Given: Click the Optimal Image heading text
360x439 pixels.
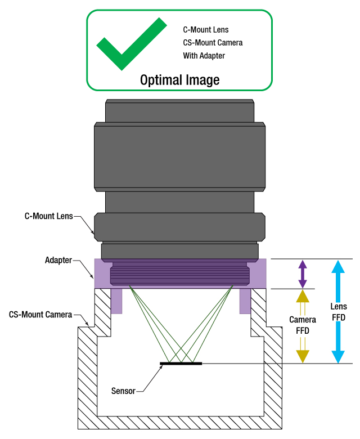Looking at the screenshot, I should (x=179, y=80).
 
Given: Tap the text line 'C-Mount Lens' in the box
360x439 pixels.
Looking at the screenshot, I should (x=206, y=29).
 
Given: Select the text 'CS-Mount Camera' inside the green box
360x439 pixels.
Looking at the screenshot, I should (x=213, y=43).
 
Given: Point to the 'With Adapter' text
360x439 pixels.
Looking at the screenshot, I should (x=204, y=56).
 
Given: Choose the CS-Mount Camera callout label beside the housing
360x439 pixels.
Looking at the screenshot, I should (x=40, y=315).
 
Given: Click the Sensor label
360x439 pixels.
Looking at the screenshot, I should (x=123, y=391).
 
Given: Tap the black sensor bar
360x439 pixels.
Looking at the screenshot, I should (x=181, y=364).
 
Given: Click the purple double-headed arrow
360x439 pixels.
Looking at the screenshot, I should (x=303, y=274).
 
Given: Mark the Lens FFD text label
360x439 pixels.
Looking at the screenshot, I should (x=338, y=312).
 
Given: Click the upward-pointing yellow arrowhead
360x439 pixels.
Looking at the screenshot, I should (x=303, y=296).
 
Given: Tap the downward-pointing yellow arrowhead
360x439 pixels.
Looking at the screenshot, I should (x=303, y=356).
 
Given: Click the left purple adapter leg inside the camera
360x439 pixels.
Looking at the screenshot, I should (x=116, y=301).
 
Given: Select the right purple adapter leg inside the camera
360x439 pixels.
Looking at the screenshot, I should (x=245, y=301).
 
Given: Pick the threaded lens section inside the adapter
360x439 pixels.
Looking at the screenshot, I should (x=180, y=275).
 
